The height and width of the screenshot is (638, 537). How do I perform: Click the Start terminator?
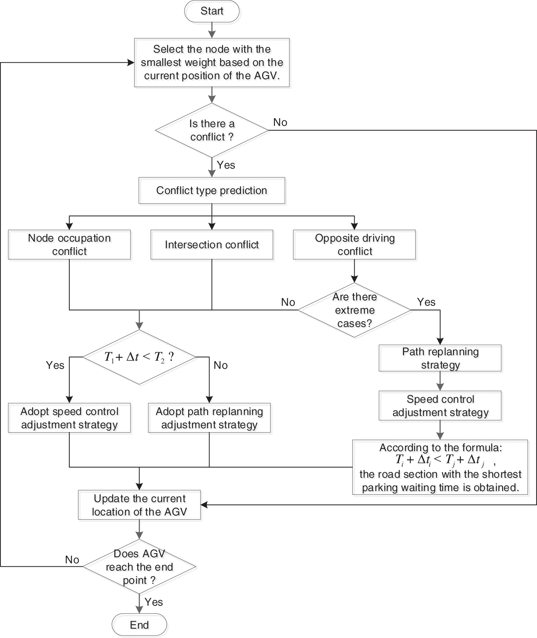pos(212,11)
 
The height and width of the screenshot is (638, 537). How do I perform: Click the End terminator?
pos(139,625)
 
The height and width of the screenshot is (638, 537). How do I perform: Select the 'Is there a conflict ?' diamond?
pos(212,130)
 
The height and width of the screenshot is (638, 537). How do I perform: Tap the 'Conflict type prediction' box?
pos(212,190)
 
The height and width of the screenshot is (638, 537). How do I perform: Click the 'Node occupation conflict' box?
pos(69,245)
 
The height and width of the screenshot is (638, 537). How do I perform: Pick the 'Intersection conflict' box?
pos(212,245)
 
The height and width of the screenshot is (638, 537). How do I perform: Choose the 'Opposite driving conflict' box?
pos(354,245)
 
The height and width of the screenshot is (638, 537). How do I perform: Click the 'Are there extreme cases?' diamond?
pos(354,310)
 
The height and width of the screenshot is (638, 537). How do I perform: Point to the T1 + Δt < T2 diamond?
pos(139,357)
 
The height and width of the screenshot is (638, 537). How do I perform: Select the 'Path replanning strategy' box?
pos(440,358)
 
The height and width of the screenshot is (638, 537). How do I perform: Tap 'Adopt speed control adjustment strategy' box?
pos(69,418)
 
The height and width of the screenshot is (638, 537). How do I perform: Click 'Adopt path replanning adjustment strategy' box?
pos(209,418)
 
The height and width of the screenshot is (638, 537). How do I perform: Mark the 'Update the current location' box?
pos(139,505)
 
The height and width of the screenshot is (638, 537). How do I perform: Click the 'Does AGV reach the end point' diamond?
pos(139,567)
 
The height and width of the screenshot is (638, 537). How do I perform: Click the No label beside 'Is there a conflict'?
pos(280,122)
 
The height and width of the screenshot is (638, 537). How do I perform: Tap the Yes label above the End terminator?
pos(154,602)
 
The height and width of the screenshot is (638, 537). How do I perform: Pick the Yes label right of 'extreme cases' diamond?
pos(426,302)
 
